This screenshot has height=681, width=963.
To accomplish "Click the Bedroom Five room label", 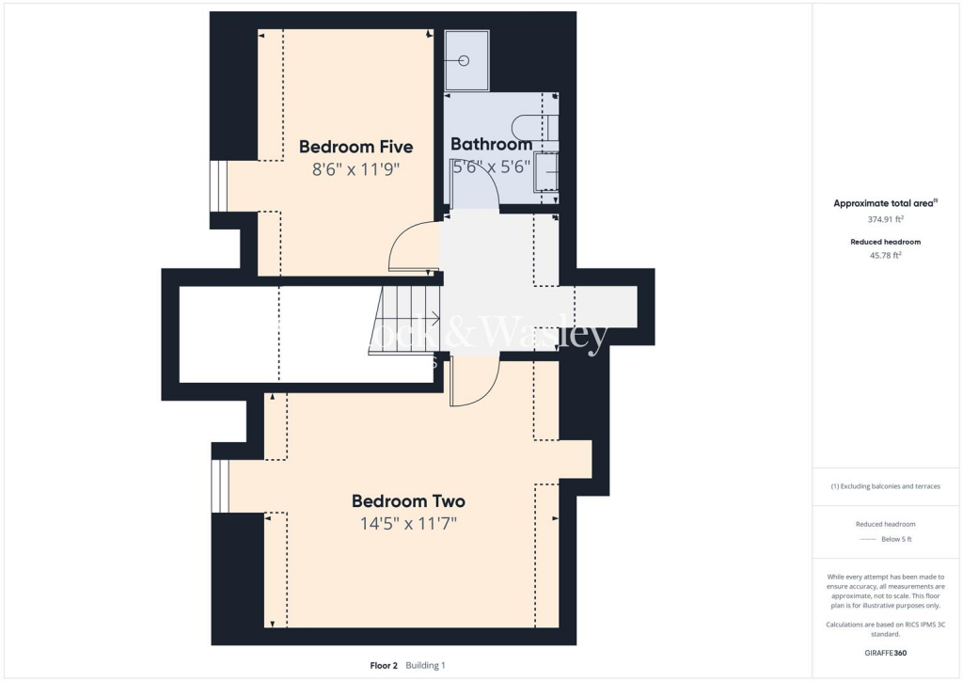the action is pyautogui.click(x=355, y=147).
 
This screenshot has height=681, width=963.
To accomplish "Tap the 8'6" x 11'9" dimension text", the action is pyautogui.click(x=355, y=170).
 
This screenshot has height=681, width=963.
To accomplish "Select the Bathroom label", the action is pyautogui.click(x=491, y=145).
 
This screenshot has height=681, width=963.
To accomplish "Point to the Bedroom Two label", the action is pyautogui.click(x=408, y=501).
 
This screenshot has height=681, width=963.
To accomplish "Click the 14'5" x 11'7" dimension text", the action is pyautogui.click(x=408, y=524).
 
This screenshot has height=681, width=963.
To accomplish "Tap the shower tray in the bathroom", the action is pyautogui.click(x=466, y=61).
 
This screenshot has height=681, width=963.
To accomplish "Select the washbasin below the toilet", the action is pyautogui.click(x=546, y=175).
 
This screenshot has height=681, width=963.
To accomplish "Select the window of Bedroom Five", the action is pyautogui.click(x=218, y=185).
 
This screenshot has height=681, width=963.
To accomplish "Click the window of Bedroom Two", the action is pyautogui.click(x=219, y=486).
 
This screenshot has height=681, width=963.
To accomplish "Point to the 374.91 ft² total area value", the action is pyautogui.click(x=884, y=219).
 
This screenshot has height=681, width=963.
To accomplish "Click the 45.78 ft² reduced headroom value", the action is pyautogui.click(x=884, y=255).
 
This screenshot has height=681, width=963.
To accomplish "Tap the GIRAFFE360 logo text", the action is pyautogui.click(x=886, y=653).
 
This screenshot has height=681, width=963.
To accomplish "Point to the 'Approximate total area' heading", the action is pyautogui.click(x=884, y=203).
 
